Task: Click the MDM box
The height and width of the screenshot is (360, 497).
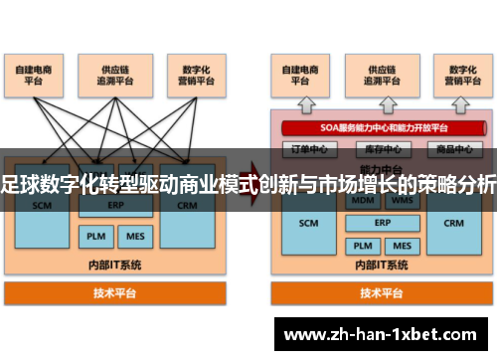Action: click(360, 200)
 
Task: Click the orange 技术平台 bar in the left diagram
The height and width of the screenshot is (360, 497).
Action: click(116, 293)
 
